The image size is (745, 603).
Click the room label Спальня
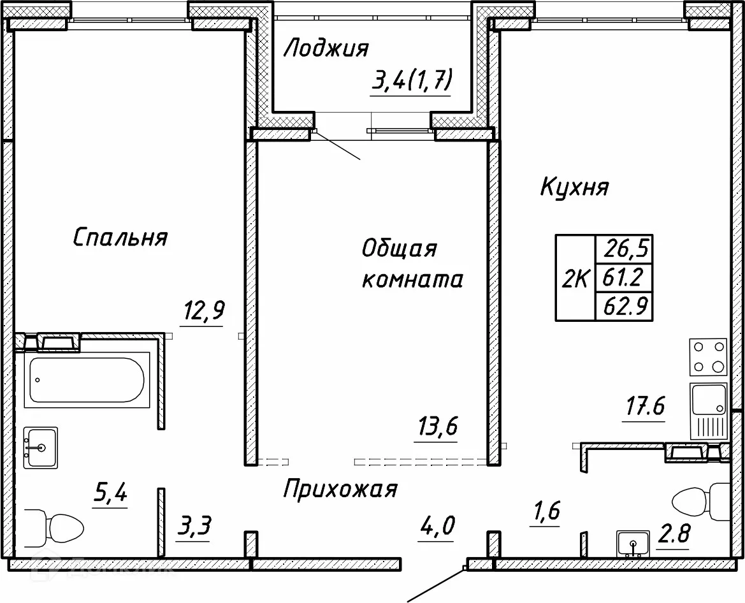pos(120,238)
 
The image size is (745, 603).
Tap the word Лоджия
pos(326,48)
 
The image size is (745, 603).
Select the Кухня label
pos(574,187)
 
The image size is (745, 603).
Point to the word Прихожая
pos(340,490)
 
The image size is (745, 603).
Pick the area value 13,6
pos(438,425)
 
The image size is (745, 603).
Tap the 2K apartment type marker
pos(575,278)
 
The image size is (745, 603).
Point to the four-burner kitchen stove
pos(708,358)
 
